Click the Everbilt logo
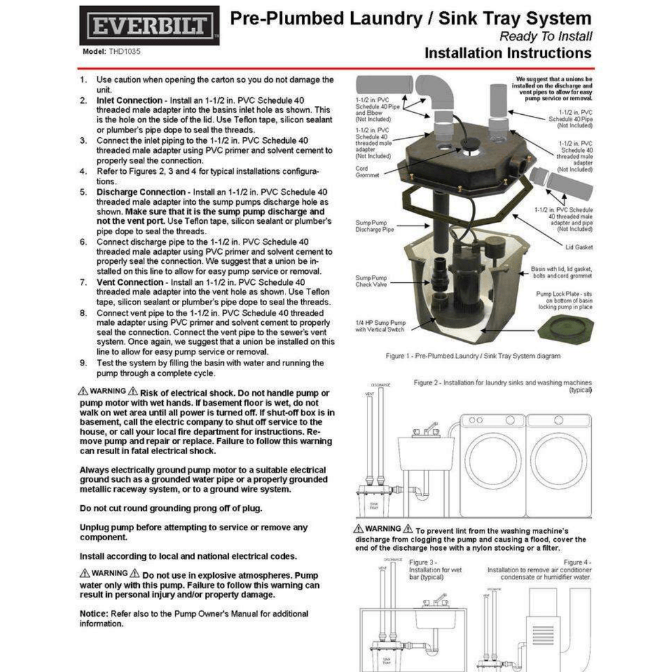coord(150,26)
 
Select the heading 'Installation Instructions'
coord(508,52)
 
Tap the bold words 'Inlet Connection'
coord(129,100)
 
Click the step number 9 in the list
coord(83,363)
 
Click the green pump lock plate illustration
coord(565,327)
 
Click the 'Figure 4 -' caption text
coord(577,562)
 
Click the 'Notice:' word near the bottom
coord(94,614)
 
